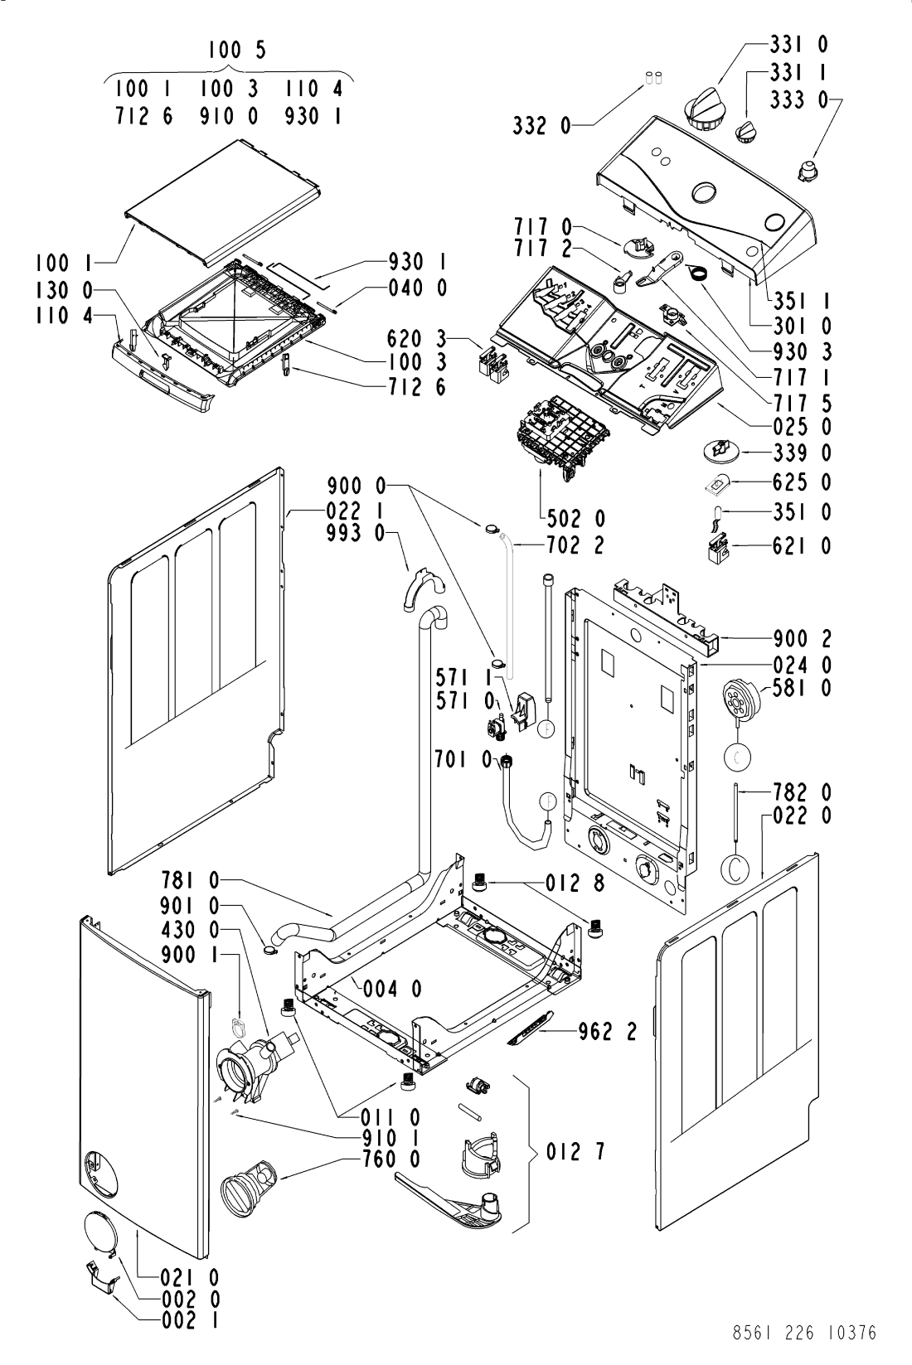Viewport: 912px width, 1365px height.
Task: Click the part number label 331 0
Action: coord(798,45)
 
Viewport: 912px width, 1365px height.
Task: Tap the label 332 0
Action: coord(542,126)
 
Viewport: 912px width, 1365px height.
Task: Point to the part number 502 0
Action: coord(575,519)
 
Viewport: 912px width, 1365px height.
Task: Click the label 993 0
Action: coord(356,533)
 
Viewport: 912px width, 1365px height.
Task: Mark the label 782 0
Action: coord(803,793)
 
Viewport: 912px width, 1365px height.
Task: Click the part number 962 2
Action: coord(607,1031)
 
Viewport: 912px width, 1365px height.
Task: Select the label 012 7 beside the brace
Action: coord(575,1152)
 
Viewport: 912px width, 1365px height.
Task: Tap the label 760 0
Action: coord(391,1159)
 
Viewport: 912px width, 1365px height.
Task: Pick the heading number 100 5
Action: coord(237,50)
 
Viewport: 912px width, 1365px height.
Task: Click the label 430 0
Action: coord(191,931)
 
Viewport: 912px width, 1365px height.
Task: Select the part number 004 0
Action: coord(393,989)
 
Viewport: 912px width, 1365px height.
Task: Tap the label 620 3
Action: coord(416,337)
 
